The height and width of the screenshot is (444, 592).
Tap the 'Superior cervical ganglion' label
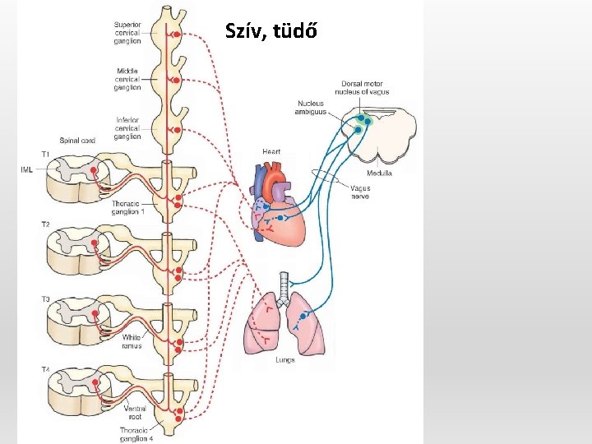click(127, 33)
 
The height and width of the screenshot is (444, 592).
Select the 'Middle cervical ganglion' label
click(127, 79)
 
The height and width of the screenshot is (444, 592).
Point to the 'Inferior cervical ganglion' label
click(127, 128)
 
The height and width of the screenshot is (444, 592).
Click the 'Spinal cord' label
click(77, 141)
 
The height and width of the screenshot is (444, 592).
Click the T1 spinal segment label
click(45, 154)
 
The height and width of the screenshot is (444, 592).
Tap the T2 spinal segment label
click(45, 224)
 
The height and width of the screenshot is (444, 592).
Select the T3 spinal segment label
click(45, 298)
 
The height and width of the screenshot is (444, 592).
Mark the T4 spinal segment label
click(45, 370)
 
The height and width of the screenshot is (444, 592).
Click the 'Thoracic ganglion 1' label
click(128, 206)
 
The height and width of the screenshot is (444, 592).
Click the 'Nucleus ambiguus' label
click(310, 108)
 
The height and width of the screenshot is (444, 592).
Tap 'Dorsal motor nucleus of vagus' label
click(366, 87)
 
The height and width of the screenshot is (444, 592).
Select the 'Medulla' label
click(380, 173)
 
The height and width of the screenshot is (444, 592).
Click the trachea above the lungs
click(284, 284)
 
